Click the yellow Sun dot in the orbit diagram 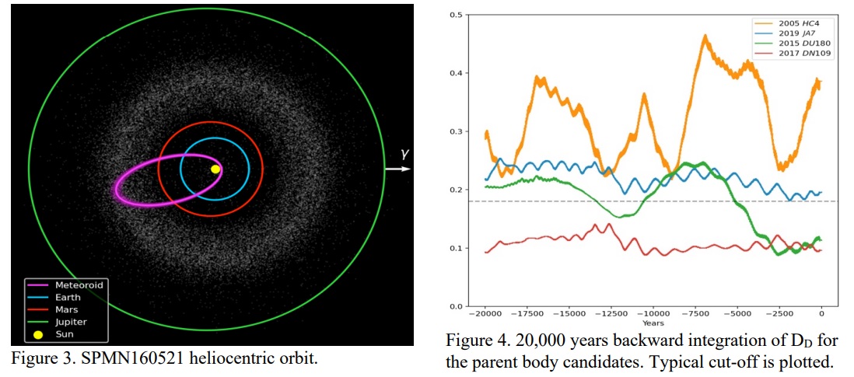coord(215,168)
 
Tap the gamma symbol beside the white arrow coord(404,154)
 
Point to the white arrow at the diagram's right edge coord(397,167)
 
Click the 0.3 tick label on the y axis coord(458,131)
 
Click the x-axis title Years coord(653,323)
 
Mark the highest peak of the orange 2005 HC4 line coord(705,35)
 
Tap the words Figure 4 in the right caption coord(475,341)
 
